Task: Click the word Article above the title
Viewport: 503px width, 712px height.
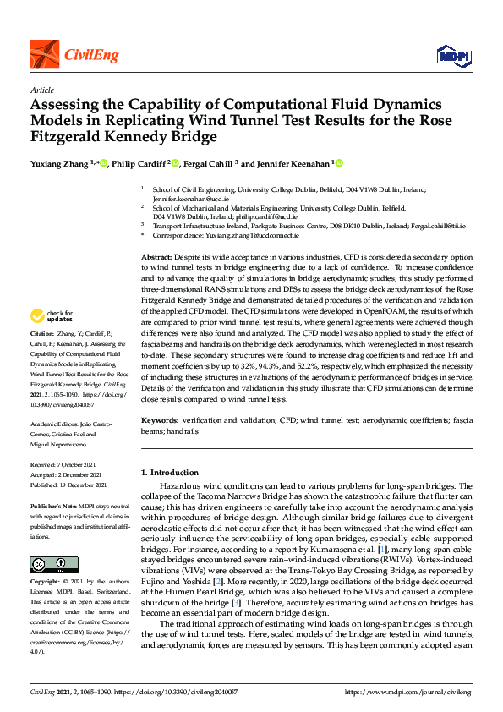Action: tap(41, 89)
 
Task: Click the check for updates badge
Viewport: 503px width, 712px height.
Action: tap(50, 316)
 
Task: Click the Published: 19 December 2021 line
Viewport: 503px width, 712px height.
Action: tap(68, 485)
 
